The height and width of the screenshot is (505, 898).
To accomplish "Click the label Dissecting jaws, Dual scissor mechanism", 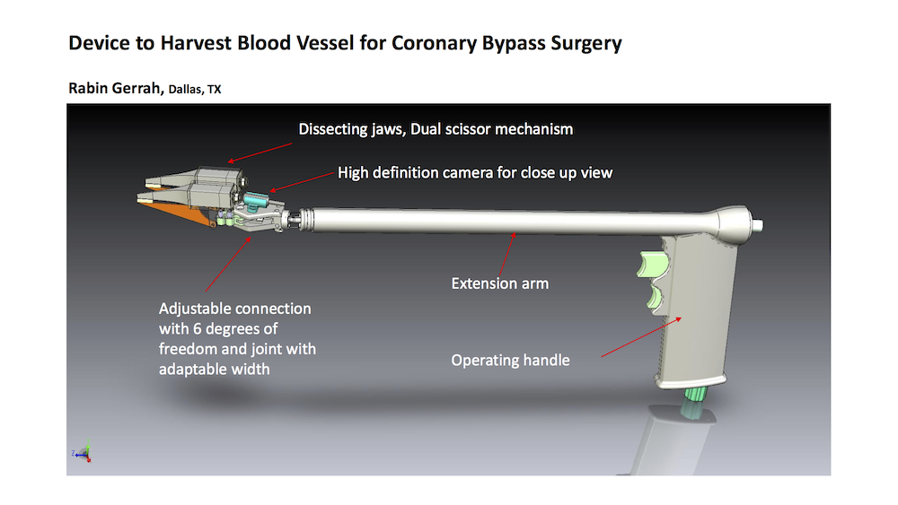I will point(436,129).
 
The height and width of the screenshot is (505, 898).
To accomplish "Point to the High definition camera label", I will point(475,171).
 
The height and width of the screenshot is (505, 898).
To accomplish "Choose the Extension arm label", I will point(499,283).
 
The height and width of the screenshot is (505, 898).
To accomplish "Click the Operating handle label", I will point(510,361).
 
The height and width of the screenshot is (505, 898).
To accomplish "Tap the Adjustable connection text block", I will point(237,338).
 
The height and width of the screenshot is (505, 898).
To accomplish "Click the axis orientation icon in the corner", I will point(83,454).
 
